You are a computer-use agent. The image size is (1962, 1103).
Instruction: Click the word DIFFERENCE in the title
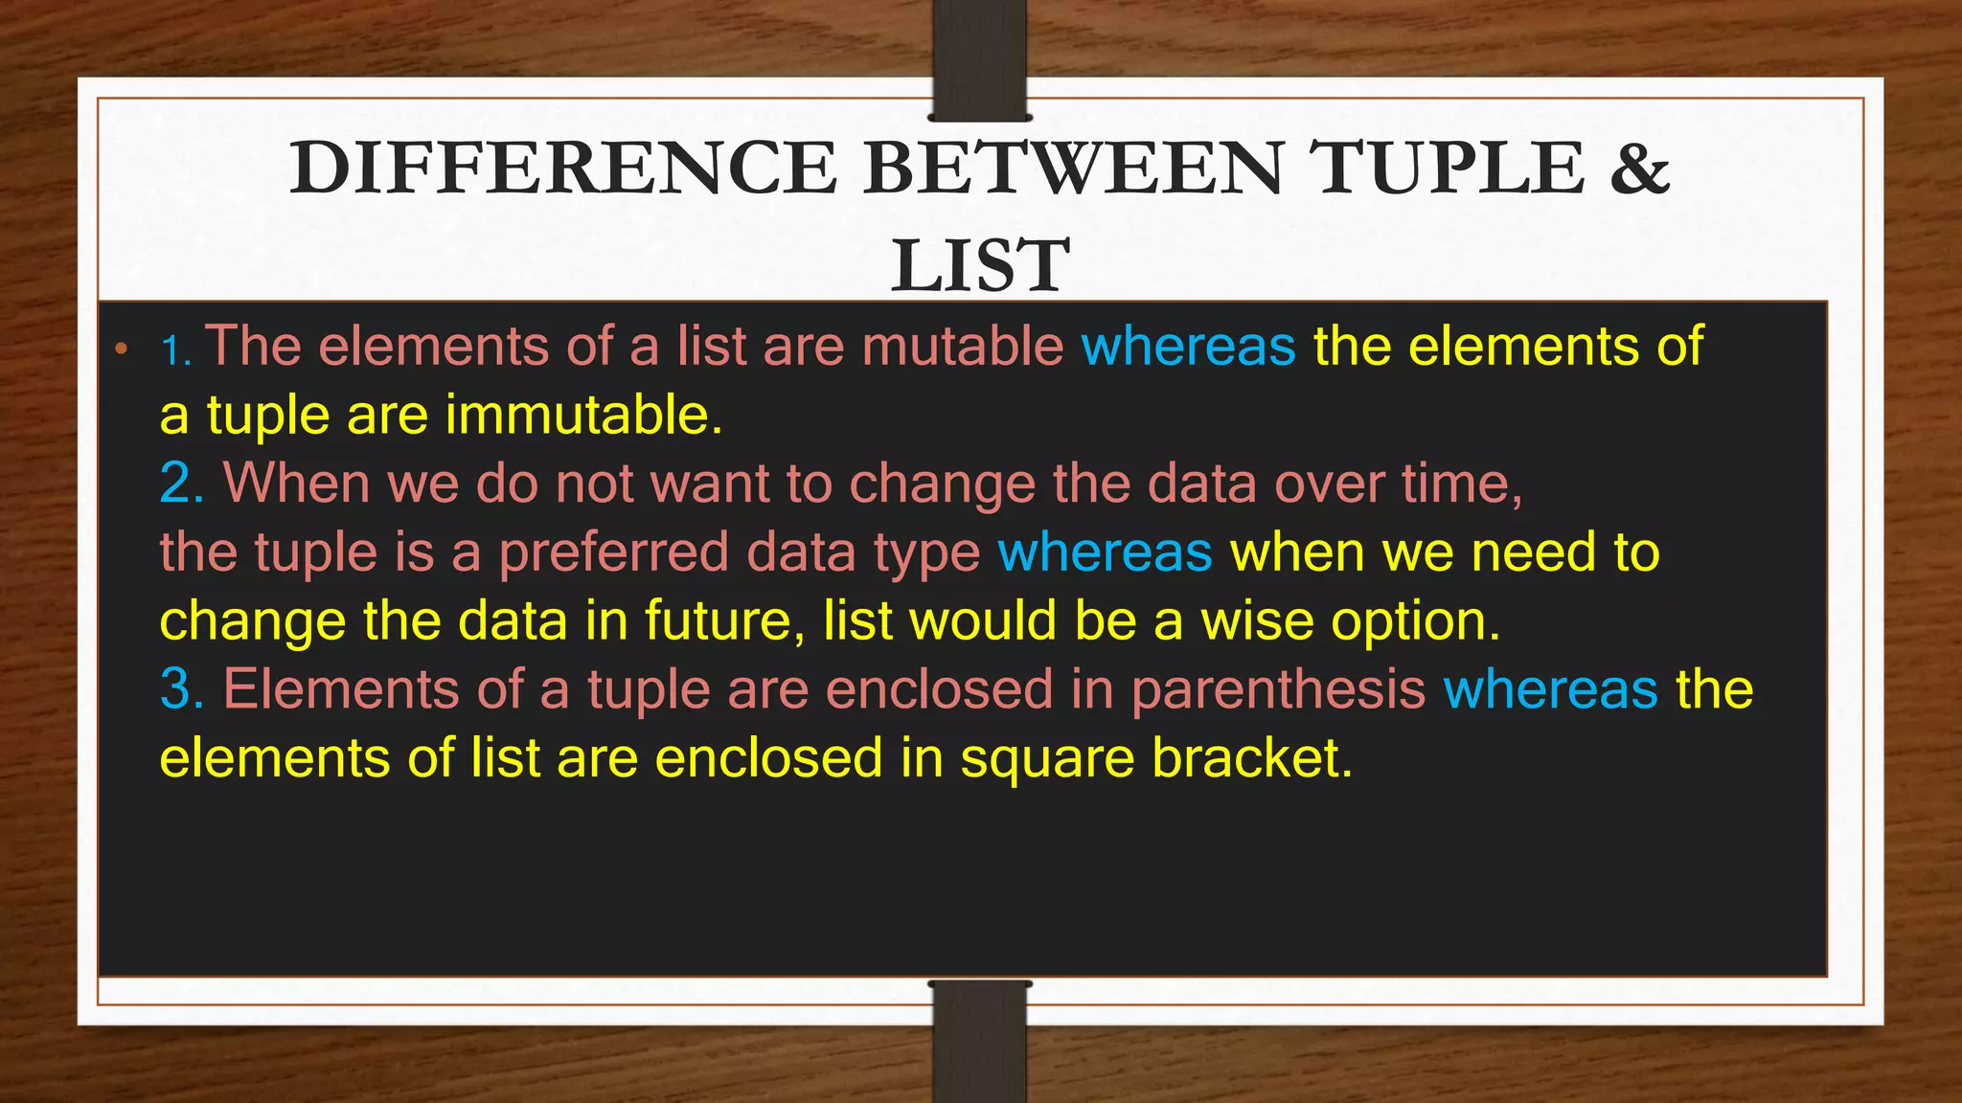[x=563, y=169]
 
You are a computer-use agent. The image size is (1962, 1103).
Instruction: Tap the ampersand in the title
[x=1639, y=169]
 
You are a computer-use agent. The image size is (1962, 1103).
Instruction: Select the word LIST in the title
[x=980, y=266]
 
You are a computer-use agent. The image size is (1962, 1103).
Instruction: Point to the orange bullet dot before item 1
[x=121, y=349]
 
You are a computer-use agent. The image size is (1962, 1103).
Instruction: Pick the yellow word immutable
[x=582, y=416]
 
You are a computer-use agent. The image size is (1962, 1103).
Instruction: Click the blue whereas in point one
[x=1188, y=346]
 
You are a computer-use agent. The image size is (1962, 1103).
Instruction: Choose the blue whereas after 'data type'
[x=1105, y=552]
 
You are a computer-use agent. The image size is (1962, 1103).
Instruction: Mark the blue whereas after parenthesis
[x=1550, y=689]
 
